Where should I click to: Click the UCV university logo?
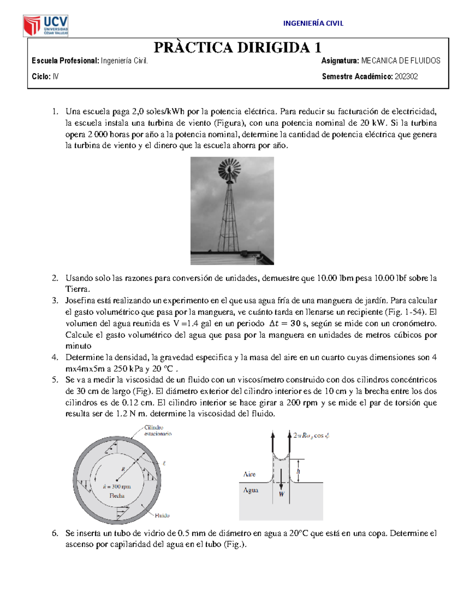click(x=46, y=26)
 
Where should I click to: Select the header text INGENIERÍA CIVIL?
click(x=313, y=23)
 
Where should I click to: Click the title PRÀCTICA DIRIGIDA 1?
click(x=237, y=48)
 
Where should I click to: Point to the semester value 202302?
click(x=406, y=77)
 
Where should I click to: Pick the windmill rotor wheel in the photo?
click(x=229, y=169)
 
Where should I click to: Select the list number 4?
click(x=55, y=357)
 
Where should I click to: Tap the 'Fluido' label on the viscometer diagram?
click(x=162, y=515)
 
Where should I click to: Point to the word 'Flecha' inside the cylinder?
click(x=117, y=496)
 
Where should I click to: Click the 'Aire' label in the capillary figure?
click(x=249, y=474)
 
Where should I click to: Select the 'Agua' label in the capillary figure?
click(x=251, y=490)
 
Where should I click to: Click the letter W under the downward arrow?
click(x=281, y=494)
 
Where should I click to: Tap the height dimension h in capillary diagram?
click(x=298, y=471)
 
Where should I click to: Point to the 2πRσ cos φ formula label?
click(x=311, y=436)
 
